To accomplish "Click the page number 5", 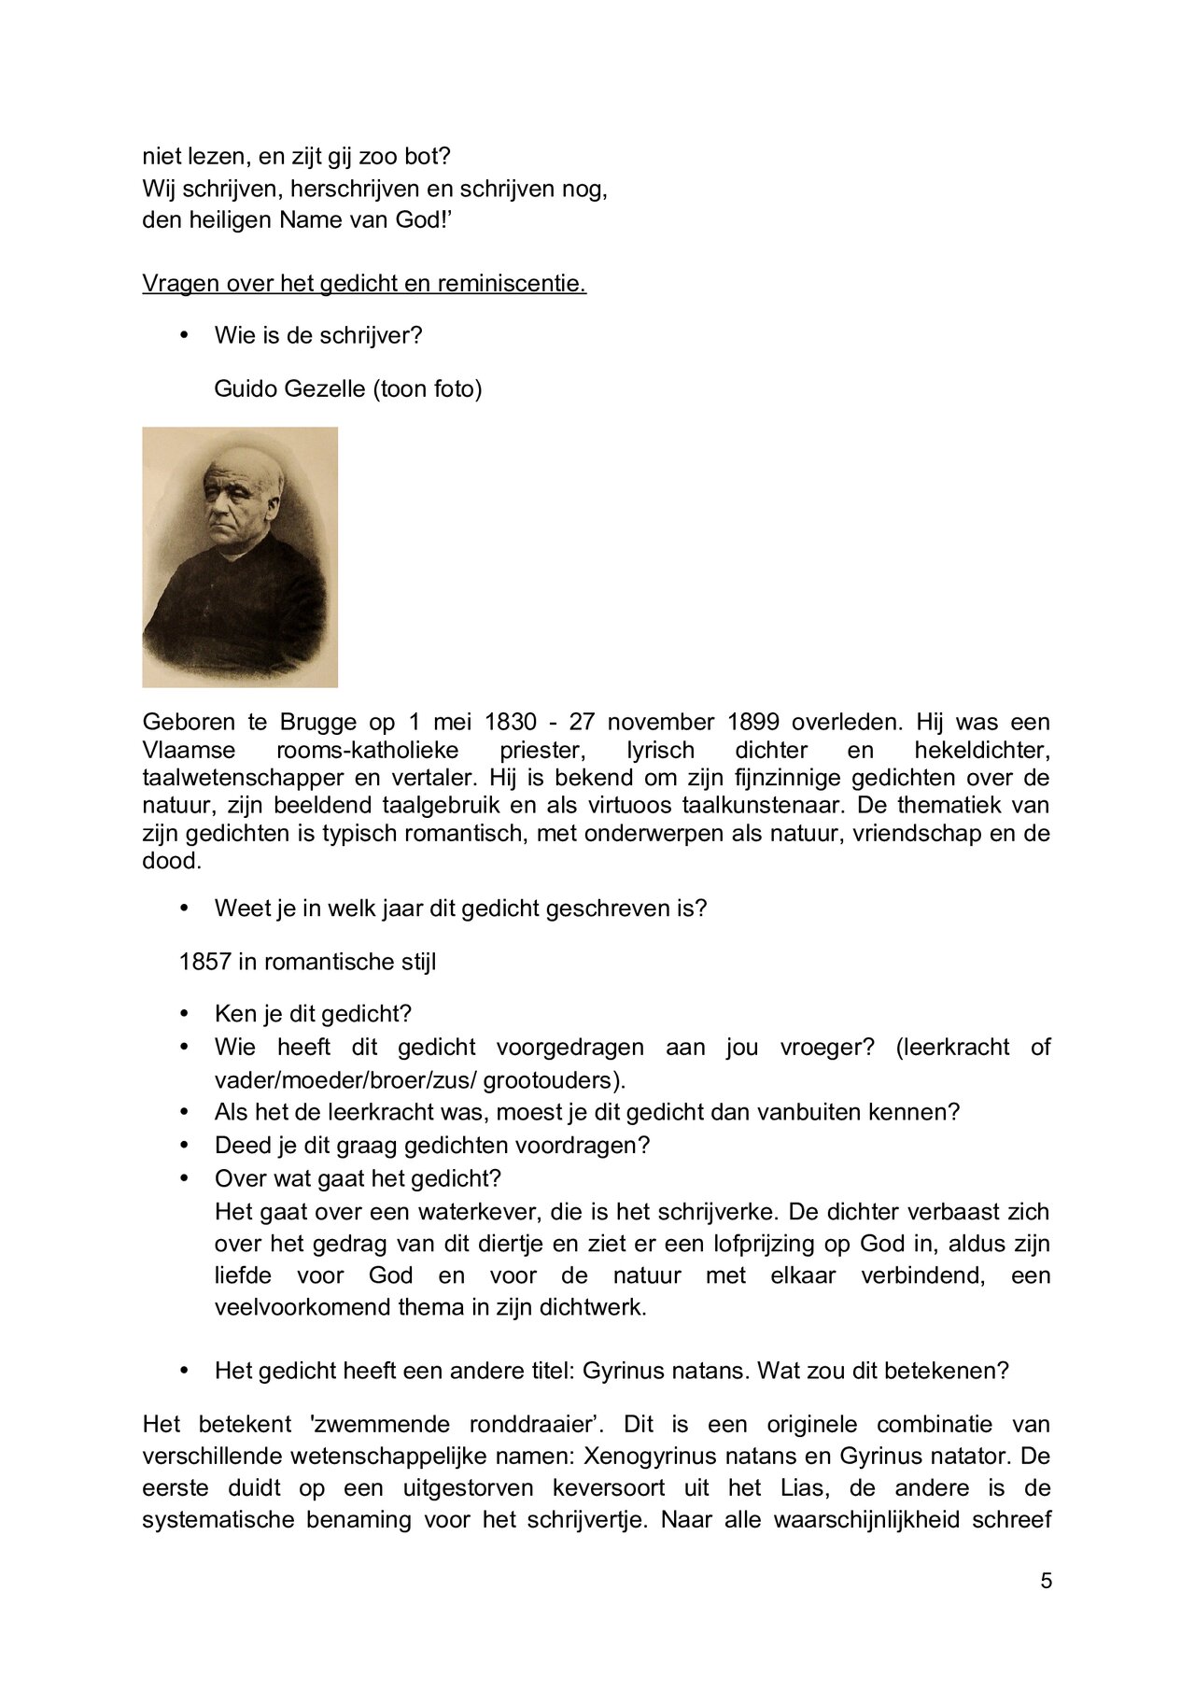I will click(x=1046, y=1581).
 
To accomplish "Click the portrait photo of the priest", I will click(x=240, y=557).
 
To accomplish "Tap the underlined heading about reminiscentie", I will click(x=364, y=283).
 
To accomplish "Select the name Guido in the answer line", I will click(x=243, y=388).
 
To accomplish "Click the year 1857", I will click(x=204, y=961).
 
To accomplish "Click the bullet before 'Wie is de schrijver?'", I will click(x=183, y=334).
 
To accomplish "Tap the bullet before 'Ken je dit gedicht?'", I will click(x=183, y=1013).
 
